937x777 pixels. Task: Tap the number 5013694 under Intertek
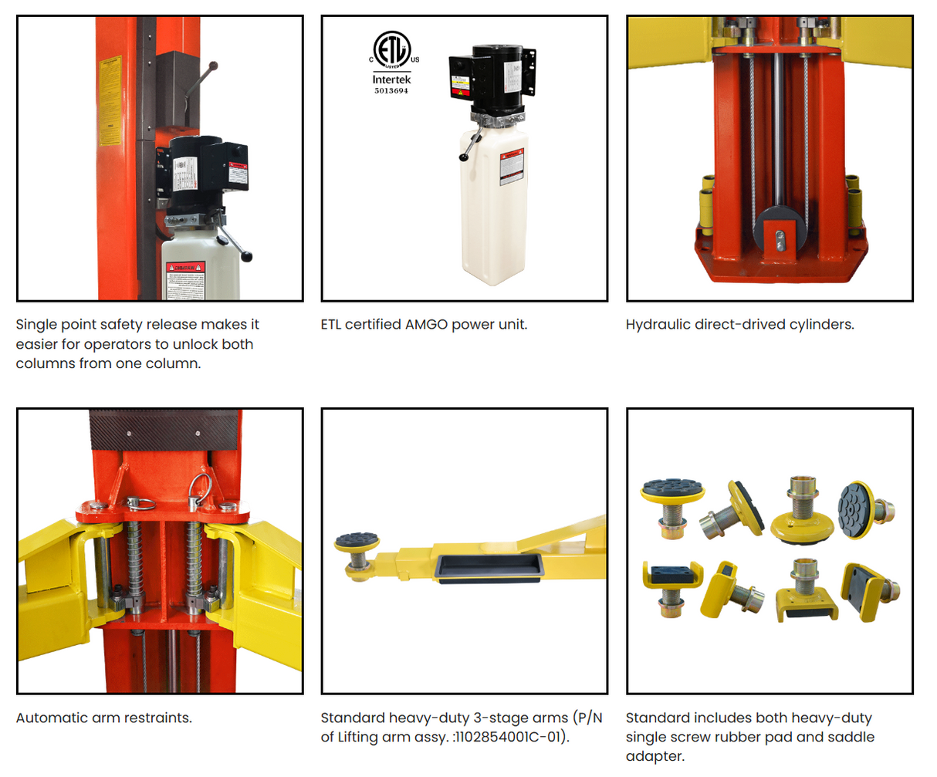(391, 91)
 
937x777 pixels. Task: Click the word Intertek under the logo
(391, 79)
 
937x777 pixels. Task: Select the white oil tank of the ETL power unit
(494, 208)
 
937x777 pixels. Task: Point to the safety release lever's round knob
(213, 67)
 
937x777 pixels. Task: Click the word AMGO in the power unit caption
(426, 325)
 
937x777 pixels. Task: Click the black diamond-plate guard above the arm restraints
(164, 431)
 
